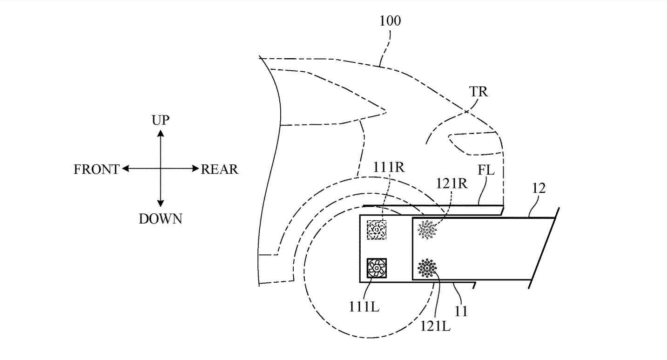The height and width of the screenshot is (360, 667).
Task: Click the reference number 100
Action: click(x=390, y=21)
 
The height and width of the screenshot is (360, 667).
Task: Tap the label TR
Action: click(x=478, y=92)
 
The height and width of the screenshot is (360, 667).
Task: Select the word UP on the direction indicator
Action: click(x=161, y=121)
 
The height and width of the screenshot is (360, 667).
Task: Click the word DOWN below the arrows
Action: click(x=161, y=218)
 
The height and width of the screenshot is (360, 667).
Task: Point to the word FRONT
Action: click(x=96, y=170)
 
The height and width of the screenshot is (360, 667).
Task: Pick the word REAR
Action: click(x=219, y=170)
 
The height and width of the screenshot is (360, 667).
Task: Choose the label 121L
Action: click(x=437, y=326)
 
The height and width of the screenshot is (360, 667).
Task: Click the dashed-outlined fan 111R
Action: click(x=377, y=230)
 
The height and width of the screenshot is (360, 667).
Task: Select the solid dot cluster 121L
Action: click(x=426, y=268)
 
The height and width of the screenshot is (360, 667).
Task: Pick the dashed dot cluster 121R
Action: click(x=427, y=230)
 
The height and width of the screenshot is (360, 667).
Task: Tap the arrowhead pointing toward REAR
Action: click(x=196, y=169)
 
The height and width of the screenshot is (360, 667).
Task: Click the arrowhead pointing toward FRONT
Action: click(x=125, y=169)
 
